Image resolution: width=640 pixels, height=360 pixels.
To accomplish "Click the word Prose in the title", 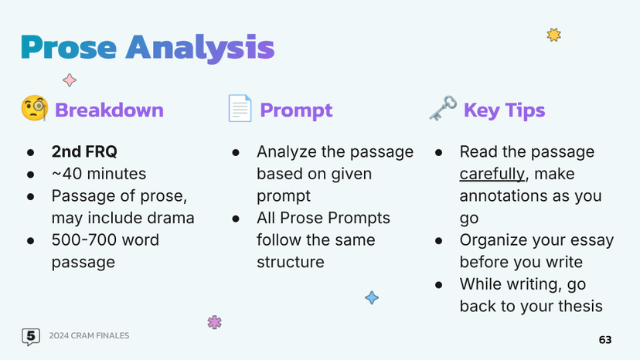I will [69, 48].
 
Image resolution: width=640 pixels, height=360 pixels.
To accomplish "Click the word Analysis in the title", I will [199, 48].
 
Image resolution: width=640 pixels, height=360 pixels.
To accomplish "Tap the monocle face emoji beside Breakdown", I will [34, 109].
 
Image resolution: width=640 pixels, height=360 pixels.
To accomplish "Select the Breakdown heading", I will [109, 110].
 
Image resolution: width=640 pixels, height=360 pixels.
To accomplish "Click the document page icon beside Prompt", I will [240, 109].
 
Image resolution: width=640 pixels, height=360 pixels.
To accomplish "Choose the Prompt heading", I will [296, 110].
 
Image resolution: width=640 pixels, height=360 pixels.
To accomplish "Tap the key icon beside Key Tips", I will [443, 108].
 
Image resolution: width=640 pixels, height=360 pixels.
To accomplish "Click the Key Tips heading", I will [504, 110].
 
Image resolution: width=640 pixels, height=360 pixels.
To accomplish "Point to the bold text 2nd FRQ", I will [84, 152].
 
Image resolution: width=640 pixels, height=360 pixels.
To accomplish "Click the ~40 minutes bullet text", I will [98, 174].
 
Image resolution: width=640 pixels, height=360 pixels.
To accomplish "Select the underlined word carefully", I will [492, 174].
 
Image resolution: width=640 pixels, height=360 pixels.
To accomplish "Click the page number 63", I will [605, 340].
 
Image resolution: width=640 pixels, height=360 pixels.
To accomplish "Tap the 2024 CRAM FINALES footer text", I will [89, 336].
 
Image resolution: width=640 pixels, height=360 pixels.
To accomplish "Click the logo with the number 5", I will [30, 336].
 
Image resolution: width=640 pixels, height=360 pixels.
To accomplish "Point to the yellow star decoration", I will [553, 35].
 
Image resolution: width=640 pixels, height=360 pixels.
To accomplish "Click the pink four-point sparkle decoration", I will [70, 80].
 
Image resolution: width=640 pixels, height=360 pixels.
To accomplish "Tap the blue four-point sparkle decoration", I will [372, 297].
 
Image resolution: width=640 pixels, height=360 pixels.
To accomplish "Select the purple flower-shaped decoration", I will [215, 322].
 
